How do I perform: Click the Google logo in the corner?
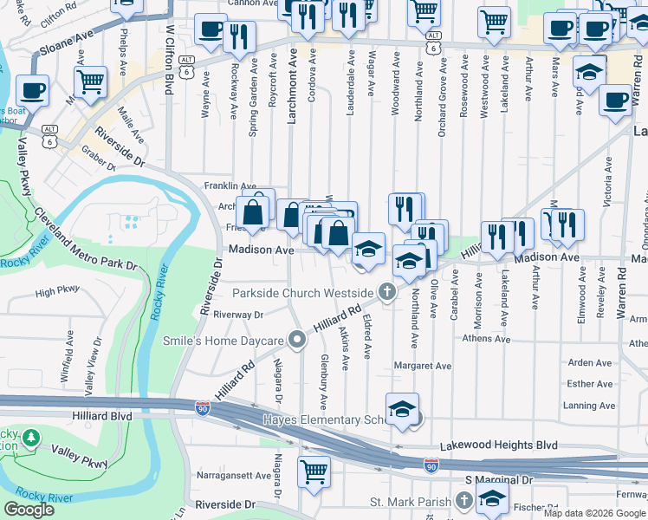tap(29, 510)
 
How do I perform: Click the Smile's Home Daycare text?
tap(224, 341)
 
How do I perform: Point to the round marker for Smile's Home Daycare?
tap(297, 340)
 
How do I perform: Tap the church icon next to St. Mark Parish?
tap(463, 501)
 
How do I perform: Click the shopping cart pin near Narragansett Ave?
tap(314, 471)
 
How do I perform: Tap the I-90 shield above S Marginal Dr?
tap(431, 466)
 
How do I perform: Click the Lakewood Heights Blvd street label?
tap(498, 445)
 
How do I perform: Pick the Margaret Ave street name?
tap(423, 366)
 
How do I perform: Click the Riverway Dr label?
tap(237, 315)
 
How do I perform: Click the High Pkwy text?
tap(57, 291)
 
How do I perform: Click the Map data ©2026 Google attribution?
tap(594, 513)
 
